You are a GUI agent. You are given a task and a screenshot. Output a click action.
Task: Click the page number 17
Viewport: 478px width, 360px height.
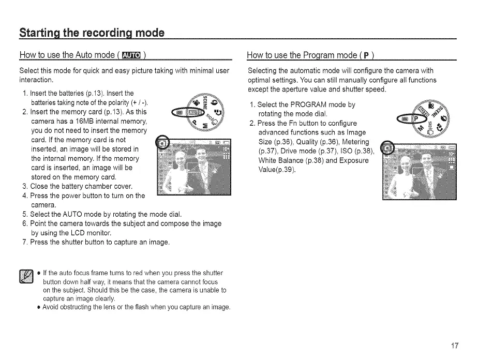[x=454, y=346]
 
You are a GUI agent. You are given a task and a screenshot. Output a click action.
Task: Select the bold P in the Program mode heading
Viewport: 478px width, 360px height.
[x=367, y=56]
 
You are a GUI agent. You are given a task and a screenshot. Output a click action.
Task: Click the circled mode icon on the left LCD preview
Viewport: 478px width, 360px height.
[x=162, y=143]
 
